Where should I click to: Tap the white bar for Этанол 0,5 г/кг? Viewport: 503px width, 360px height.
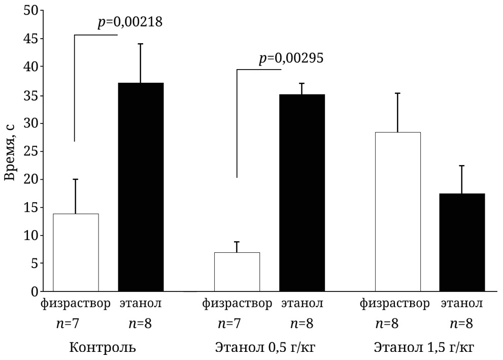[237, 272]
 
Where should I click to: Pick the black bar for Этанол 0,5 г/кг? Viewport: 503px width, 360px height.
[302, 192]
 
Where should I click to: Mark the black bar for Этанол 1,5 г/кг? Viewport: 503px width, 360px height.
[462, 242]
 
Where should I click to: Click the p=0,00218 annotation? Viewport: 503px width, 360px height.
[130, 22]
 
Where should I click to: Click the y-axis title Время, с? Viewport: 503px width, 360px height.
[11, 151]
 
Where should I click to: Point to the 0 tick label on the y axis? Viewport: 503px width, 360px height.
[34, 291]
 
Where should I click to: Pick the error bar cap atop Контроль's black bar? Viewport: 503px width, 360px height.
[141, 44]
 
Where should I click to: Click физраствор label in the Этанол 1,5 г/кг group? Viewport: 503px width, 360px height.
[395, 304]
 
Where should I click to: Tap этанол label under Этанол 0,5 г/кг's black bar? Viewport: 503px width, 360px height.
[302, 304]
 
